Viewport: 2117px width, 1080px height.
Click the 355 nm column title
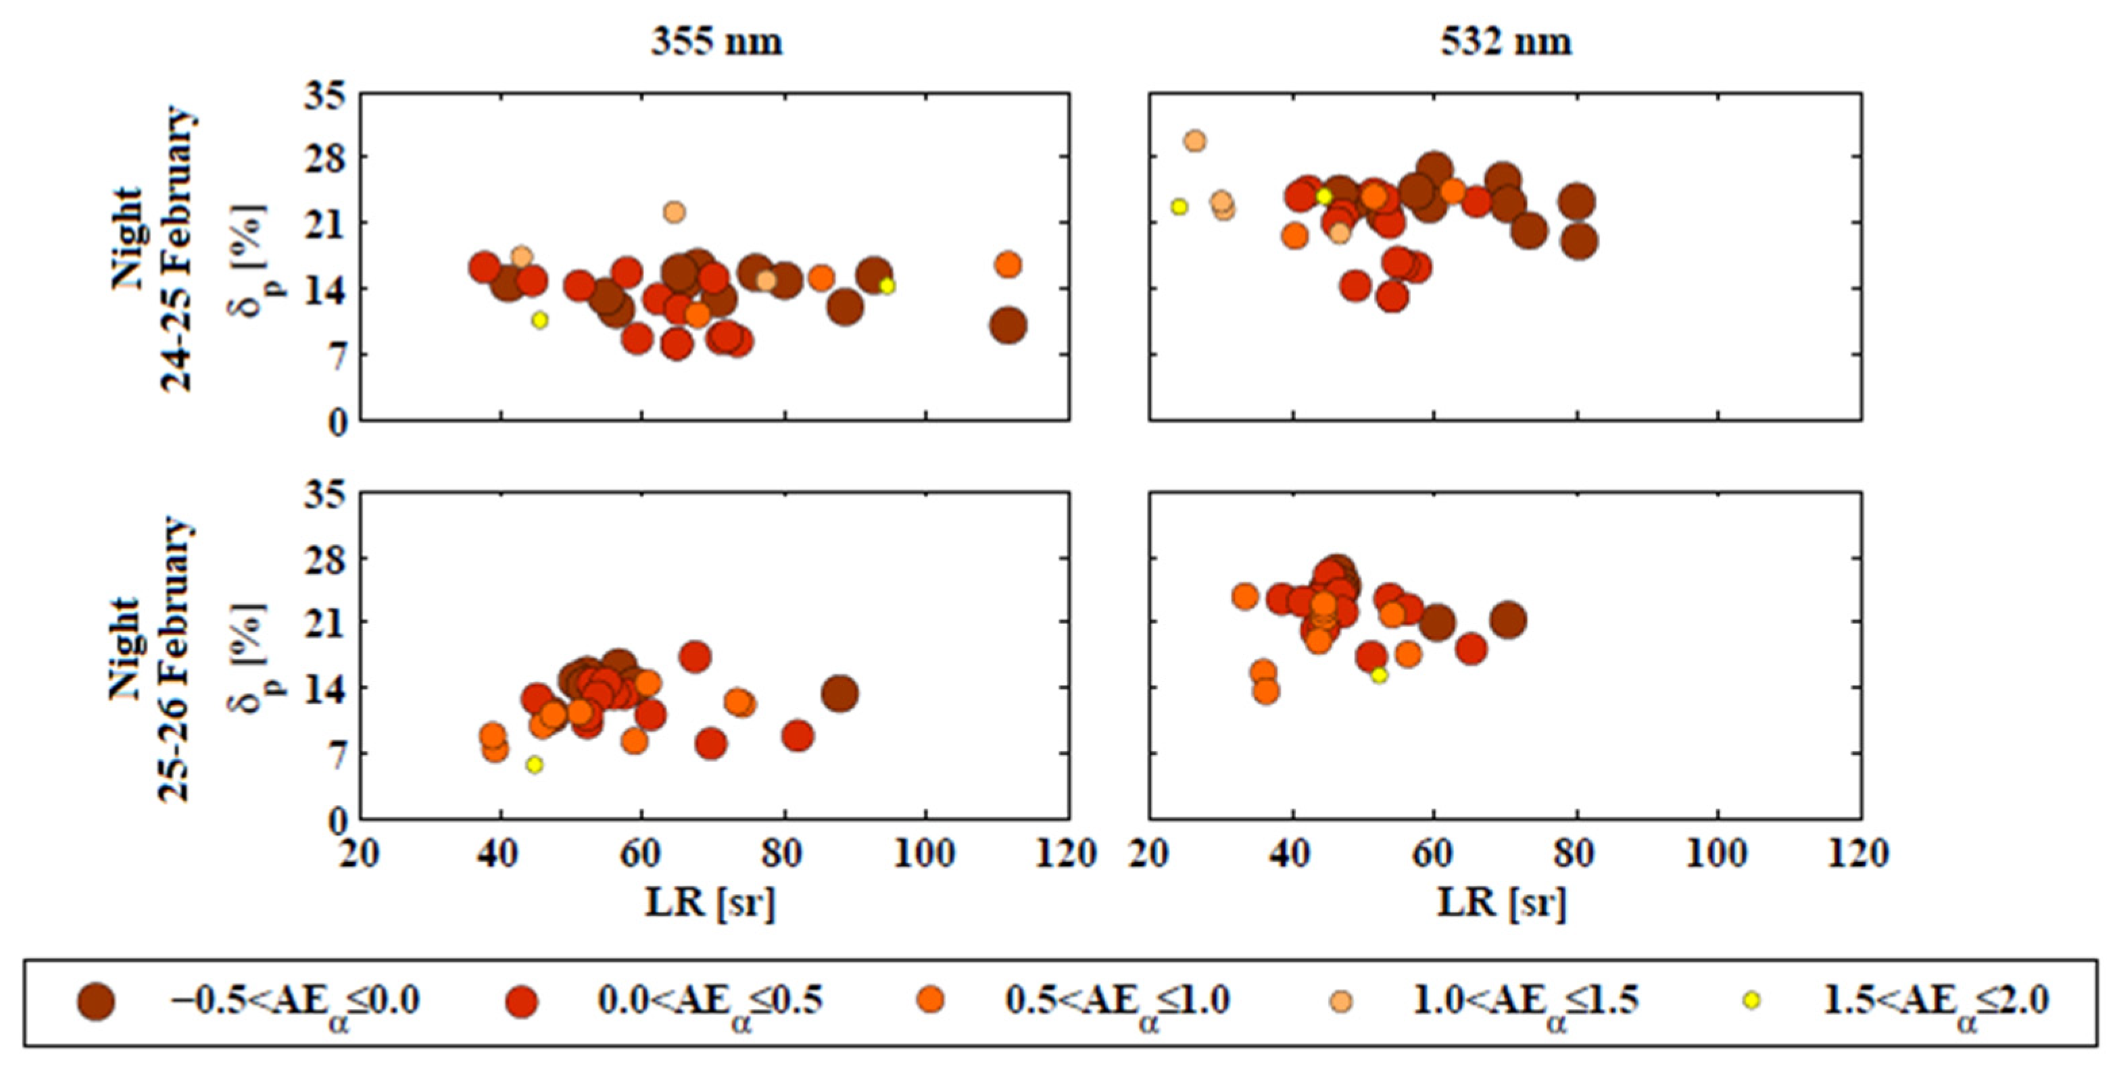coord(716,42)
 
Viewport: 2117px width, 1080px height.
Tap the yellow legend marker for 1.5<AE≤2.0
coord(1751,1000)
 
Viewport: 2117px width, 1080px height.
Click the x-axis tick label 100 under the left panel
coord(925,854)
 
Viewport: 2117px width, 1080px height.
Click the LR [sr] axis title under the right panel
coord(1503,902)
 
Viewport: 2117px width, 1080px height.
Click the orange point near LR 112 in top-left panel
coord(1008,265)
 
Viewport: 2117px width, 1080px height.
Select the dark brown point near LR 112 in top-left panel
coord(1008,326)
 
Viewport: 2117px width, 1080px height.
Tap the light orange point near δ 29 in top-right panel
coord(1195,141)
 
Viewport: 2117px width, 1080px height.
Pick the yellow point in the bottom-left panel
coord(534,765)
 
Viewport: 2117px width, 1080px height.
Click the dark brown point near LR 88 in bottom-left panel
coord(840,694)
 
